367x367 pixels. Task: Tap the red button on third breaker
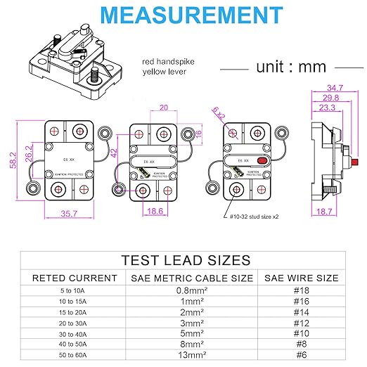pos(262,162)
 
